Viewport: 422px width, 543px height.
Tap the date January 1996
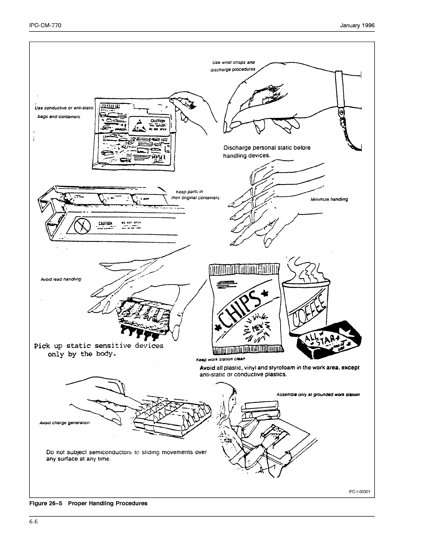click(357, 25)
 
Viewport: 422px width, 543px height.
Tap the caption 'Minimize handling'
click(329, 199)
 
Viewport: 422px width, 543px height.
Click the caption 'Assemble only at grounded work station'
click(318, 395)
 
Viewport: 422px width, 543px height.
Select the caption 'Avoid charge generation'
click(65, 423)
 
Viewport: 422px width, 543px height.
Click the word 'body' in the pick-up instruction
click(105, 354)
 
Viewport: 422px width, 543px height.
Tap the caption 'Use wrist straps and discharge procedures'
click(233, 65)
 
